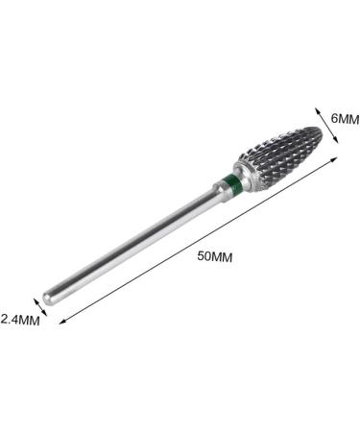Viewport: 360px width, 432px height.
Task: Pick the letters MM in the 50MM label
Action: (224, 257)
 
